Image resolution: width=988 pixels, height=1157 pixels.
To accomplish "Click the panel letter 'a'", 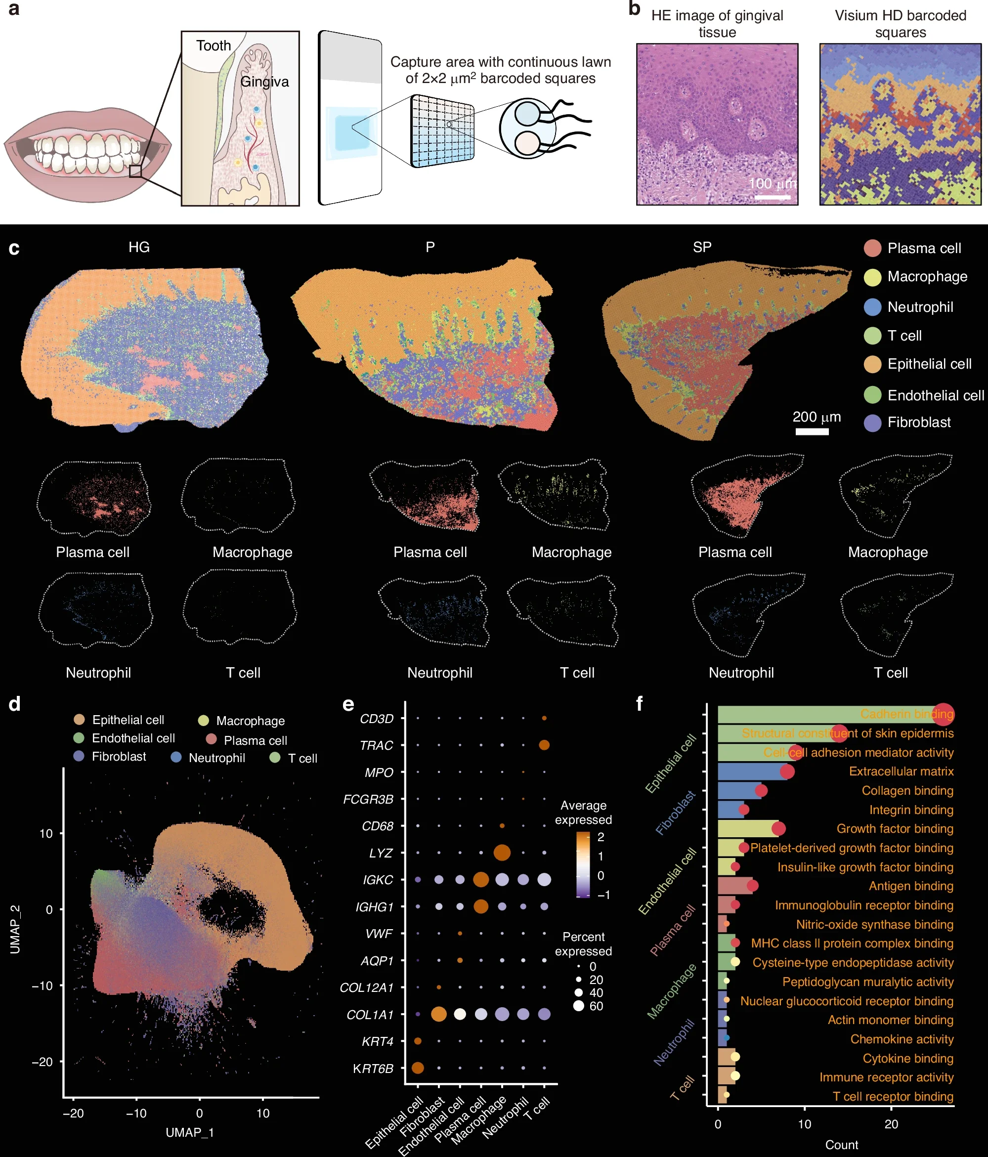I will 13,9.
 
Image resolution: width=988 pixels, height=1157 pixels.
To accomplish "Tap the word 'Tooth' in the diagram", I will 214,45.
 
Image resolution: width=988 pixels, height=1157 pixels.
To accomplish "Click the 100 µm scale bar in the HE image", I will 773,197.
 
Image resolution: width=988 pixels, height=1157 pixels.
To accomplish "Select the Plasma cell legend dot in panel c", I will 872,249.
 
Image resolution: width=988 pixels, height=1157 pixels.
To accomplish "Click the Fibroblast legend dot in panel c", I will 872,423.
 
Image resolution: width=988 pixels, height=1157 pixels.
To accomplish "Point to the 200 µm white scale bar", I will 812,431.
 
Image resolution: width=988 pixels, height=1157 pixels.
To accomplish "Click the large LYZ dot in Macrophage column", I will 502,853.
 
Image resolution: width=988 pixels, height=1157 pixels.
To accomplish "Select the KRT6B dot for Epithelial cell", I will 417,1068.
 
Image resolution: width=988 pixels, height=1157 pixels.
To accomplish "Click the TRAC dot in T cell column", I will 544,745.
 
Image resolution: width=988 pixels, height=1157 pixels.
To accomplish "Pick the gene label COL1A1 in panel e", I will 370,1015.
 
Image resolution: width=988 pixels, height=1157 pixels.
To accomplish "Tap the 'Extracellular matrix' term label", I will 901,771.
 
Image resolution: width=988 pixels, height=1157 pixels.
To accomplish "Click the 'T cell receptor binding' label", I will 893,1096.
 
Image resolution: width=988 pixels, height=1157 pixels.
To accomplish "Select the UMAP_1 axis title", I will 190,1132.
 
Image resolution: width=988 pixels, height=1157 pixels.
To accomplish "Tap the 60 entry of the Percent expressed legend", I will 596,1006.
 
